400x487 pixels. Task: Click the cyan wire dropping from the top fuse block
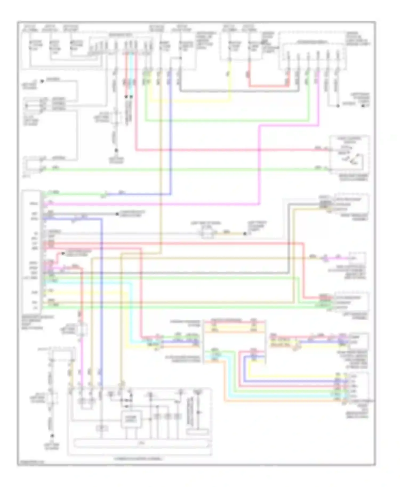[x=131, y=75]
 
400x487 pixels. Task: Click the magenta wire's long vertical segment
[x=259, y=165]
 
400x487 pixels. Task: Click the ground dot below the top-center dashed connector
[x=116, y=151]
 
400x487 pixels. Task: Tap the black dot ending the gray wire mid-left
[x=117, y=214]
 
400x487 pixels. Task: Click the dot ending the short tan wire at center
[x=245, y=234]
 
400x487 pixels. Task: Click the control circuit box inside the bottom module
[x=131, y=419]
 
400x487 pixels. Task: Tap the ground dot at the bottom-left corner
[x=53, y=436]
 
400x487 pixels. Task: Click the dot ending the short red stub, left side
[x=62, y=253]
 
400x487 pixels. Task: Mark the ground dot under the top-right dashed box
[x=338, y=106]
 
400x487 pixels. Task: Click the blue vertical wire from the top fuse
[x=170, y=133]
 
